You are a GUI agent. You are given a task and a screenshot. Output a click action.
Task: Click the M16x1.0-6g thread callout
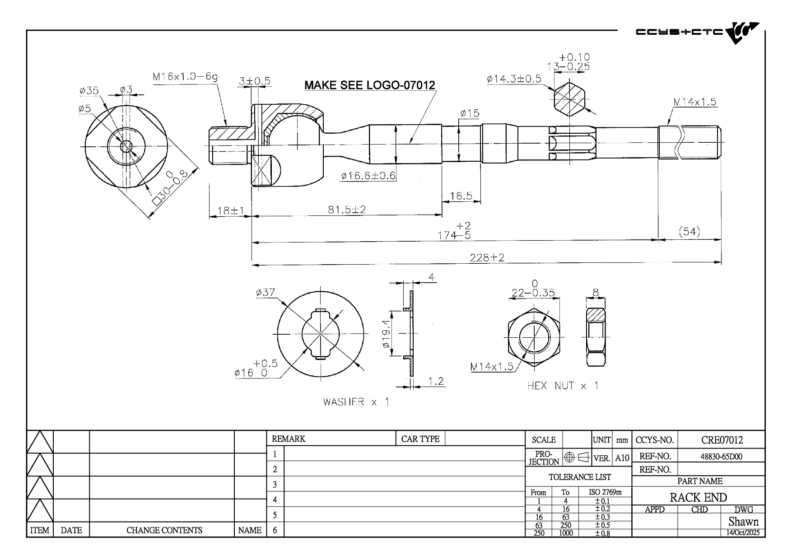(x=186, y=77)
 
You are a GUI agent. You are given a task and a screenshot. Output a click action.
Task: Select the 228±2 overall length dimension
(x=487, y=257)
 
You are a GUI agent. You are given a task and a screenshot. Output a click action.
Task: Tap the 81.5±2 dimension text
(x=347, y=210)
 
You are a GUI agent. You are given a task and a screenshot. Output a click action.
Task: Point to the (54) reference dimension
(x=690, y=232)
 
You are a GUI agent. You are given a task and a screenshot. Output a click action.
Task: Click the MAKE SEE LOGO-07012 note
(x=369, y=85)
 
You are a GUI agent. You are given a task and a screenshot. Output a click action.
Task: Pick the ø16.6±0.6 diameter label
(x=368, y=176)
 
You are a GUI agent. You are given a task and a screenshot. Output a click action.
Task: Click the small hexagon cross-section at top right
(x=569, y=98)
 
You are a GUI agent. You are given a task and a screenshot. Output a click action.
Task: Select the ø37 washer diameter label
(x=266, y=293)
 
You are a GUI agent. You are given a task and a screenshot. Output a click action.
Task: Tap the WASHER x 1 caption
(x=356, y=402)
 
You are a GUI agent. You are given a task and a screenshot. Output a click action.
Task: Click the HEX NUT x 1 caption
(x=563, y=386)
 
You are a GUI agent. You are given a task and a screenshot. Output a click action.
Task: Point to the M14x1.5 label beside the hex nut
(x=492, y=366)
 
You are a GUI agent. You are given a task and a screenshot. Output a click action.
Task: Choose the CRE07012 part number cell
(x=722, y=440)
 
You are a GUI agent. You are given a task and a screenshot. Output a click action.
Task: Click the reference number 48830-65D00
(x=721, y=456)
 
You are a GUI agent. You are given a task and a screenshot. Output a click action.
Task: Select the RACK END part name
(x=698, y=498)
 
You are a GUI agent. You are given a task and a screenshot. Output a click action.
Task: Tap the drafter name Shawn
(x=743, y=522)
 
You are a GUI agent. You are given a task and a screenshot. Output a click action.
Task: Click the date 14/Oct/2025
(x=743, y=533)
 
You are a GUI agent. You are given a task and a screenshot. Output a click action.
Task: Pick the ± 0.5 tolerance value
(x=602, y=525)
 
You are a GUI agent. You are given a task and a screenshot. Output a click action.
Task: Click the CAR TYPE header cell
(x=420, y=439)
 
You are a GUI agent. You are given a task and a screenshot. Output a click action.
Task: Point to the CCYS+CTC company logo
(x=697, y=33)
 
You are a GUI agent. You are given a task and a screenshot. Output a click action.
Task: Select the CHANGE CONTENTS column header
(x=164, y=530)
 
